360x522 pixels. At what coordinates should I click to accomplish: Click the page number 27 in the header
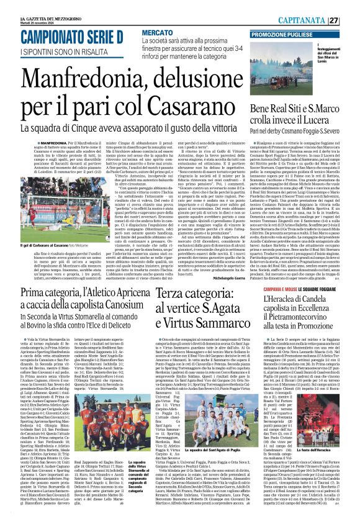351,19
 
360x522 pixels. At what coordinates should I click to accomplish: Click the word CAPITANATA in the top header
323,19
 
